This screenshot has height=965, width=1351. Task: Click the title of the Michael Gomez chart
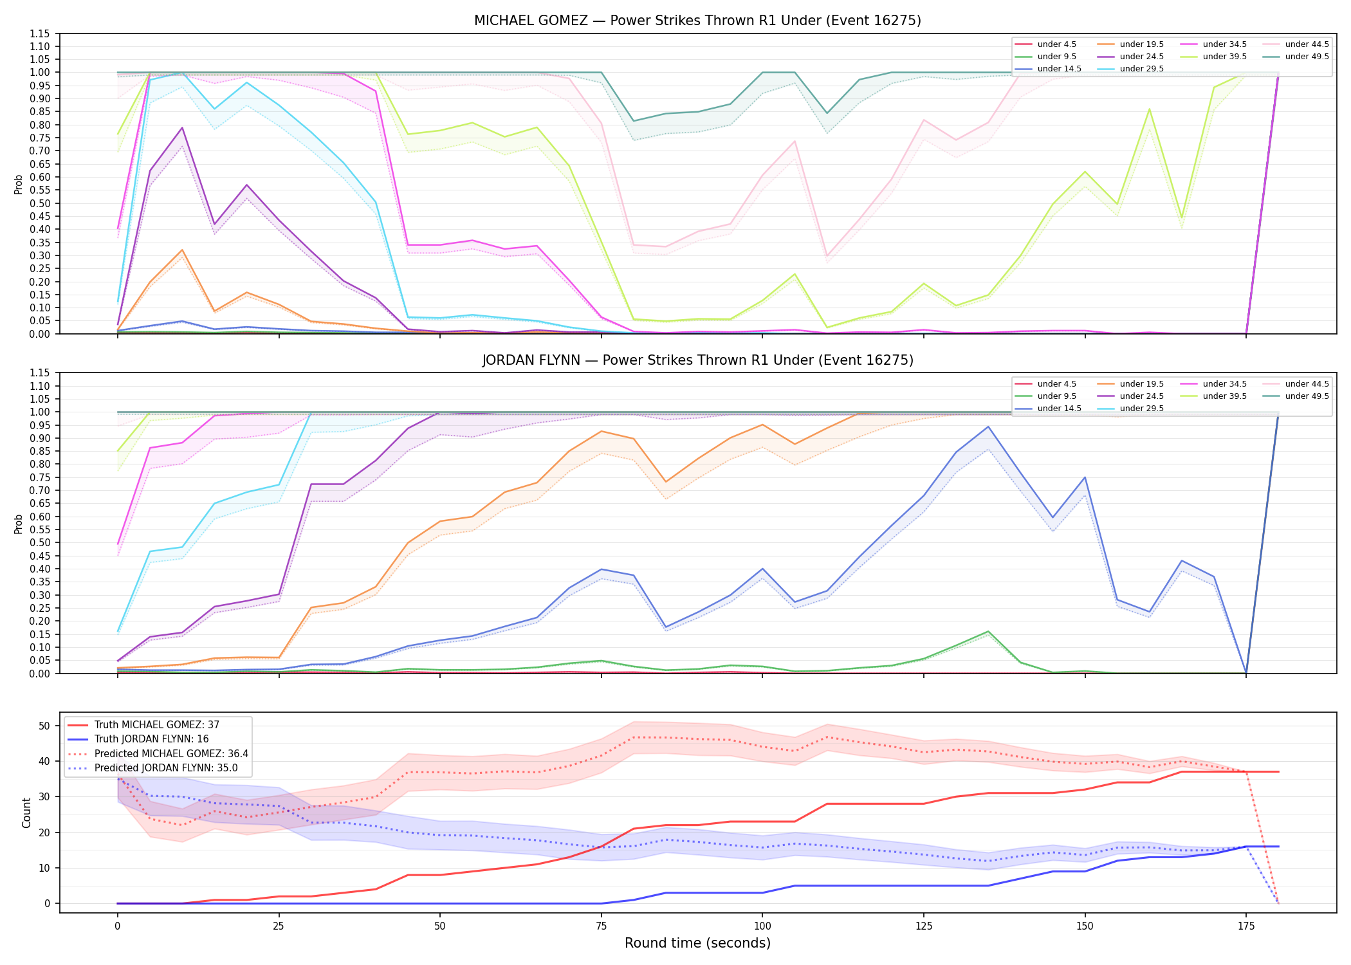697,21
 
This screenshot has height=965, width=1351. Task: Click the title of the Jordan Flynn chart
697,360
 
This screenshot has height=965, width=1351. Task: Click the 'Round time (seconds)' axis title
697,943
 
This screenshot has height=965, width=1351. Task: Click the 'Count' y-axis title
26,813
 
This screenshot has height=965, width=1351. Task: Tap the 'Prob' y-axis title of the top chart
19,184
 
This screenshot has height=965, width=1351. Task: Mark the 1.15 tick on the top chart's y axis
41,33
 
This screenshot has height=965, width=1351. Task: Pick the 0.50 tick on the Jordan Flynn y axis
41,543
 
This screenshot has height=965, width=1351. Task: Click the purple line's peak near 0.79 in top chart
182,127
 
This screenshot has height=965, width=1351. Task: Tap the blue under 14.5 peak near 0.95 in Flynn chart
988,427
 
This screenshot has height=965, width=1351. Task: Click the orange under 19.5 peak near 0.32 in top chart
182,250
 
